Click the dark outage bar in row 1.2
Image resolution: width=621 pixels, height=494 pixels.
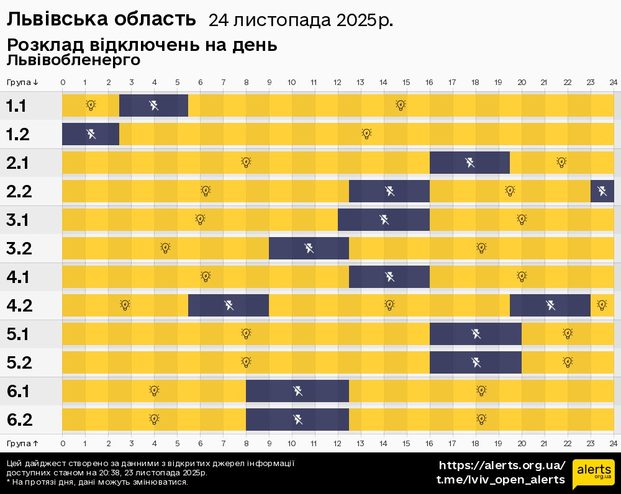point(91,134)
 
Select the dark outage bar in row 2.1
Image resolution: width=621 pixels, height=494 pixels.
point(469,163)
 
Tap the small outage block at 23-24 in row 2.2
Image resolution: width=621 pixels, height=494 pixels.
point(602,191)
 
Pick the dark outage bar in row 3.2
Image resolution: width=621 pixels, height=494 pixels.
point(309,248)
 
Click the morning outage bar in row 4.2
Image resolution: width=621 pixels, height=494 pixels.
point(229,305)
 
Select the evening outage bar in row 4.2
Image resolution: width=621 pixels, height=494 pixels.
point(550,305)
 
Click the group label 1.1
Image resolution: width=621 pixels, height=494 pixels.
point(16,106)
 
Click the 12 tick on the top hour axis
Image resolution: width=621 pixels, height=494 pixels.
point(337,83)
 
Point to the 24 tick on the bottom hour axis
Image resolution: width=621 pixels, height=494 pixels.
point(613,443)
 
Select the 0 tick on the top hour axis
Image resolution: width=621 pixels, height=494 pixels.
point(63,83)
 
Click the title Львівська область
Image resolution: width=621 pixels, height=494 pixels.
point(101,20)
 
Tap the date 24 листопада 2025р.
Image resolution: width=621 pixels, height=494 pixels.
point(301,20)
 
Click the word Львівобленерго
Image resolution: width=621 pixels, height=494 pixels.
point(73,60)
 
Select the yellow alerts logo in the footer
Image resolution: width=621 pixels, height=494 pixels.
point(593,475)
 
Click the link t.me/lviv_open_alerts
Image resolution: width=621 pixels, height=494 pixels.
point(501,480)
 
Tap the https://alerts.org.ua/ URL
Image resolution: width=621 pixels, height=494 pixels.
point(502,465)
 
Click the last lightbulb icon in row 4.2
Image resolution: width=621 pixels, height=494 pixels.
point(601,305)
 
